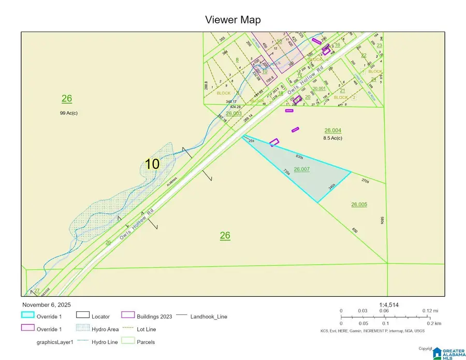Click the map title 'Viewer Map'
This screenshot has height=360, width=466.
coord(232,20)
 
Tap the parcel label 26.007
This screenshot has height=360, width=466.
coord(301,169)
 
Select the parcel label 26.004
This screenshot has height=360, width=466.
coord(333,131)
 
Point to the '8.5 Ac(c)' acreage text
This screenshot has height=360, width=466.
coord(333,138)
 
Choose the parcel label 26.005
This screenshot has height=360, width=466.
coord(359,204)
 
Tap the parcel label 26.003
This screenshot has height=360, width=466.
coord(234,113)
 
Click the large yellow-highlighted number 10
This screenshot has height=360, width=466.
coord(152,164)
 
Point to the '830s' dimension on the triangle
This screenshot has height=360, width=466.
coord(299,156)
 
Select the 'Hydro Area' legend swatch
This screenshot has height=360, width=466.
coord(83,329)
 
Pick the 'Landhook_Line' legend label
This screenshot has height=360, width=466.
coord(209,316)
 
